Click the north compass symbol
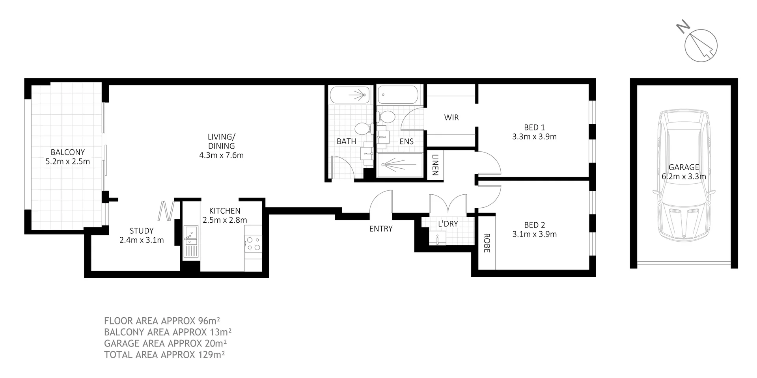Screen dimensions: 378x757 (701, 45)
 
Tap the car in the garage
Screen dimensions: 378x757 (683, 177)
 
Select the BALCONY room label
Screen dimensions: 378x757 (67, 152)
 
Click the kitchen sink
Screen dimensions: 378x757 (191, 235)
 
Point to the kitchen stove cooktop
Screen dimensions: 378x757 (253, 243)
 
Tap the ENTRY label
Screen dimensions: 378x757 (380, 229)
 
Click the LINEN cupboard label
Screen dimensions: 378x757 (435, 165)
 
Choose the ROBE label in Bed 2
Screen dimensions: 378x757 (487, 243)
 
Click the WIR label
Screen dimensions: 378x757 (451, 117)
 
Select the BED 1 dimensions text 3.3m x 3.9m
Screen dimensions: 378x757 (534, 137)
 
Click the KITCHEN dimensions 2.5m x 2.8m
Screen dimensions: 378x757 (225, 220)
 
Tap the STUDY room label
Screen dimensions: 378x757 (142, 231)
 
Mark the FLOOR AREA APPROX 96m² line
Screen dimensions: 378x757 (162, 320)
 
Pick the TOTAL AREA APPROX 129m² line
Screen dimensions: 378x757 (164, 354)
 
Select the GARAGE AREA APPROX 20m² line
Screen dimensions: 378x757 (165, 343)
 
